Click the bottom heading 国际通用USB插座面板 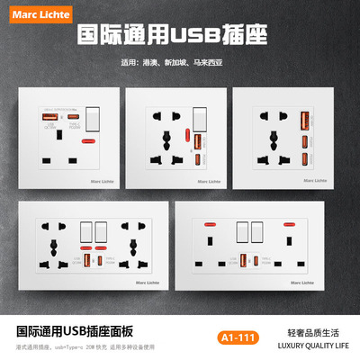(x=76, y=329)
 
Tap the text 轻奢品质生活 (x=308, y=329)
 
